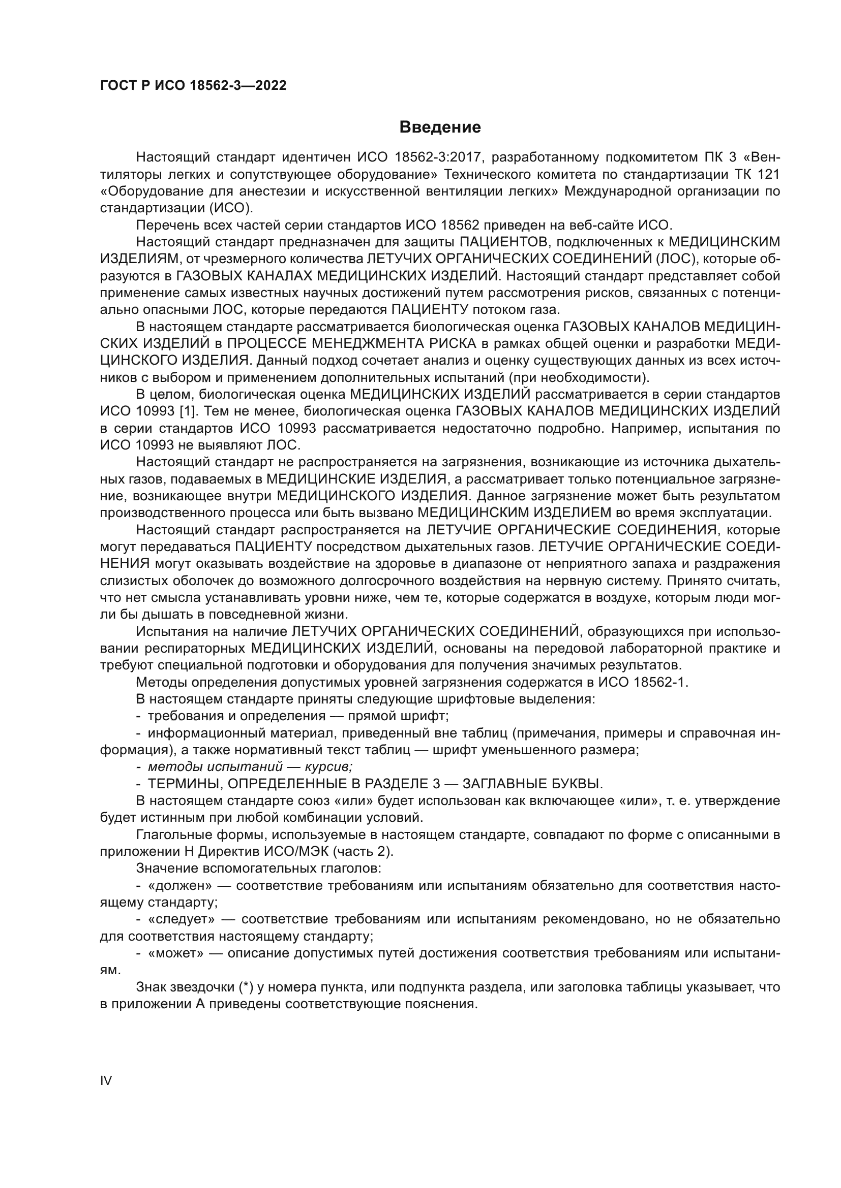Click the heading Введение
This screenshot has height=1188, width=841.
coord(440,127)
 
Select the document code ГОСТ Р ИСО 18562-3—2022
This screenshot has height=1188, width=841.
coord(193,86)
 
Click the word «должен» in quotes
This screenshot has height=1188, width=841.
coord(180,885)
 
